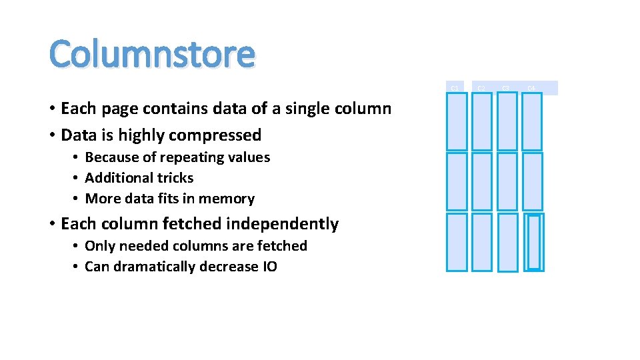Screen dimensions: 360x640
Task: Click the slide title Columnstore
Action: (152, 54)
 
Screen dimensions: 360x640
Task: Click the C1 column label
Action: (454, 88)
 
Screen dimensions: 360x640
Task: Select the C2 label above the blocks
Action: (481, 88)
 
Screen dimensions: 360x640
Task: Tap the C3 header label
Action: (506, 88)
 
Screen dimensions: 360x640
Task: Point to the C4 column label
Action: (531, 88)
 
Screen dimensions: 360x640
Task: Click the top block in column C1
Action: (457, 121)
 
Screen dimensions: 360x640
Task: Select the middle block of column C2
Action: (482, 181)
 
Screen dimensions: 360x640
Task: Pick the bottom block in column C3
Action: (507, 242)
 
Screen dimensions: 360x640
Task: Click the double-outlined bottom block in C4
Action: (533, 242)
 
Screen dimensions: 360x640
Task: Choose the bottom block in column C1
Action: (457, 242)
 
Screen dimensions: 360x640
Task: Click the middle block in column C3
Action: (507, 181)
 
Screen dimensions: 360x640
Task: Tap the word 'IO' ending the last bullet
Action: (269, 267)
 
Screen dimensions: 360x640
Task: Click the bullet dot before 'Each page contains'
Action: (51, 109)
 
